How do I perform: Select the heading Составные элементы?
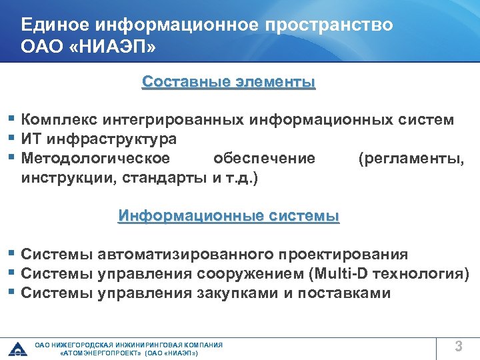[229, 82]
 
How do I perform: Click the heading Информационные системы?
[229, 216]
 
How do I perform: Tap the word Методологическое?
[95, 159]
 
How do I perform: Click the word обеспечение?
[264, 159]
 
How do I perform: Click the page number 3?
[459, 345]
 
